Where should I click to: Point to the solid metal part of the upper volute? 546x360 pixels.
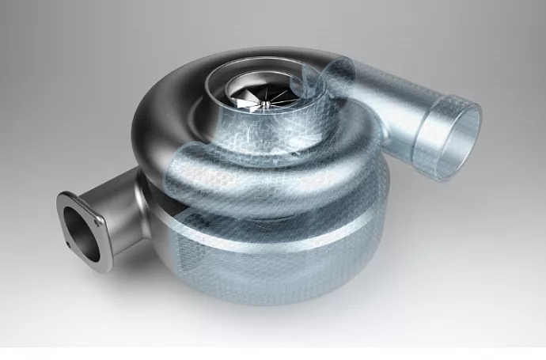pos(166,119)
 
